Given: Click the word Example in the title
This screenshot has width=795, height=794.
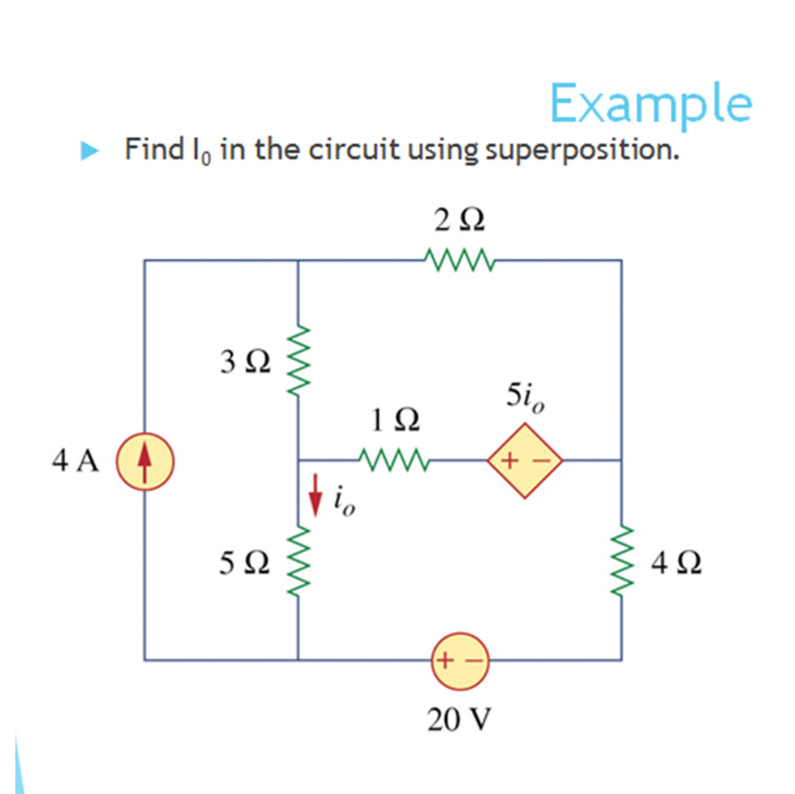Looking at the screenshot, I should pyautogui.click(x=650, y=104).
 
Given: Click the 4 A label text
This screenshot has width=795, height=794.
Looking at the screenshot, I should pyautogui.click(x=76, y=461).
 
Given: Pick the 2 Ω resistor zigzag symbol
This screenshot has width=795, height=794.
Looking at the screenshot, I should pyautogui.click(x=458, y=259).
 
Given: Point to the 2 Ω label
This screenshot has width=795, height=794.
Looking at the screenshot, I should pyautogui.click(x=459, y=221).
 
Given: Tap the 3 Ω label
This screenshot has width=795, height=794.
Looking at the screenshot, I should pyautogui.click(x=245, y=365).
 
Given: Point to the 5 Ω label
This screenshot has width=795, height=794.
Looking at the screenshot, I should pyautogui.click(x=245, y=563).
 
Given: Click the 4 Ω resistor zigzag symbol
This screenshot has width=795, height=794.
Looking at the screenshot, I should pyautogui.click(x=620, y=561).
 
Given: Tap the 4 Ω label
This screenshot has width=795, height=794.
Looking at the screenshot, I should pyautogui.click(x=675, y=563).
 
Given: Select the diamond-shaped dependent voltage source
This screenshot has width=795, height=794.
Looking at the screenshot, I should pyautogui.click(x=524, y=461).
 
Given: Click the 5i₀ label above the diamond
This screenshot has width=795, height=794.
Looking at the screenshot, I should pyautogui.click(x=523, y=398).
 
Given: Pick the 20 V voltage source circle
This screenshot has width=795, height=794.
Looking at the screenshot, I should pyautogui.click(x=460, y=660).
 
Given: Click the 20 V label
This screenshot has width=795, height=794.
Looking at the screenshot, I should pyautogui.click(x=460, y=721).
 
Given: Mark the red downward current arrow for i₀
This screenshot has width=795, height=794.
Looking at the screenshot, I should pyautogui.click(x=316, y=497).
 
